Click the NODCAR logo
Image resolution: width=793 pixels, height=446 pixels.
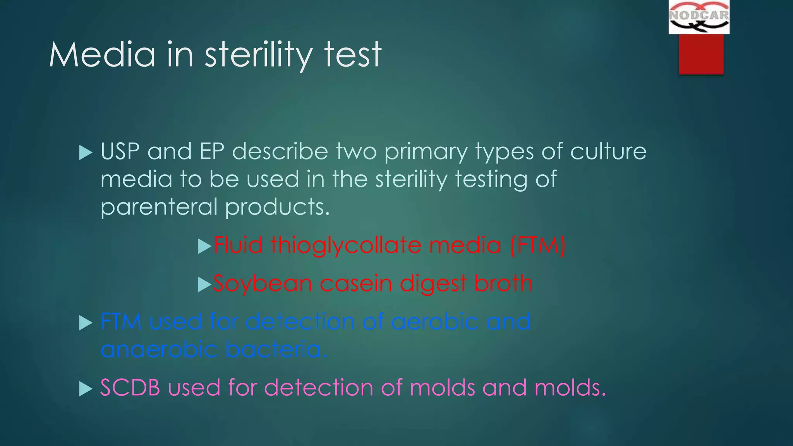tap(699, 17)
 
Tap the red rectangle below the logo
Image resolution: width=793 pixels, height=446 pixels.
tap(701, 54)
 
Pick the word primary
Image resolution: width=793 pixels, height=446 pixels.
tap(426, 152)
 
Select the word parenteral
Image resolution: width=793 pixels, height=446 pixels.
tap(159, 208)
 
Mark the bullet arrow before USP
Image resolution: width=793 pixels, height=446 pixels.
tap(86, 153)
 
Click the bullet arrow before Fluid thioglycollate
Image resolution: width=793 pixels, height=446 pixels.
tap(204, 246)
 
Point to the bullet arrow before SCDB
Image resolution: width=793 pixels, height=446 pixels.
tap(86, 389)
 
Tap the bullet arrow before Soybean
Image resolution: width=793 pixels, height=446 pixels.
tap(204, 285)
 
